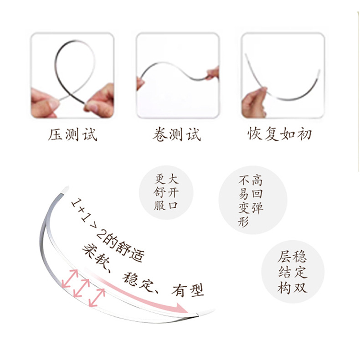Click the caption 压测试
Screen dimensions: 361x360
click(72, 134)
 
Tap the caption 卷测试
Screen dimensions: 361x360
click(177, 134)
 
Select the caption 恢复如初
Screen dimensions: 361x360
click(279, 134)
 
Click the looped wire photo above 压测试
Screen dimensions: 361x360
click(72, 75)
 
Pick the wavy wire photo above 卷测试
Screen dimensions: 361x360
click(177, 75)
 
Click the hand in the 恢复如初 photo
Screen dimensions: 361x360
click(253, 101)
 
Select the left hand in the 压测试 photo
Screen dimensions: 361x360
click(44, 103)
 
